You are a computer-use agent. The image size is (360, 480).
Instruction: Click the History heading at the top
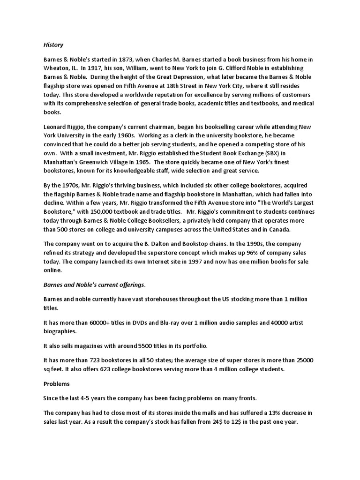coord(53,45)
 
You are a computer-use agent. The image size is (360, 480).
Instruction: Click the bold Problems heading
coord(57,383)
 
